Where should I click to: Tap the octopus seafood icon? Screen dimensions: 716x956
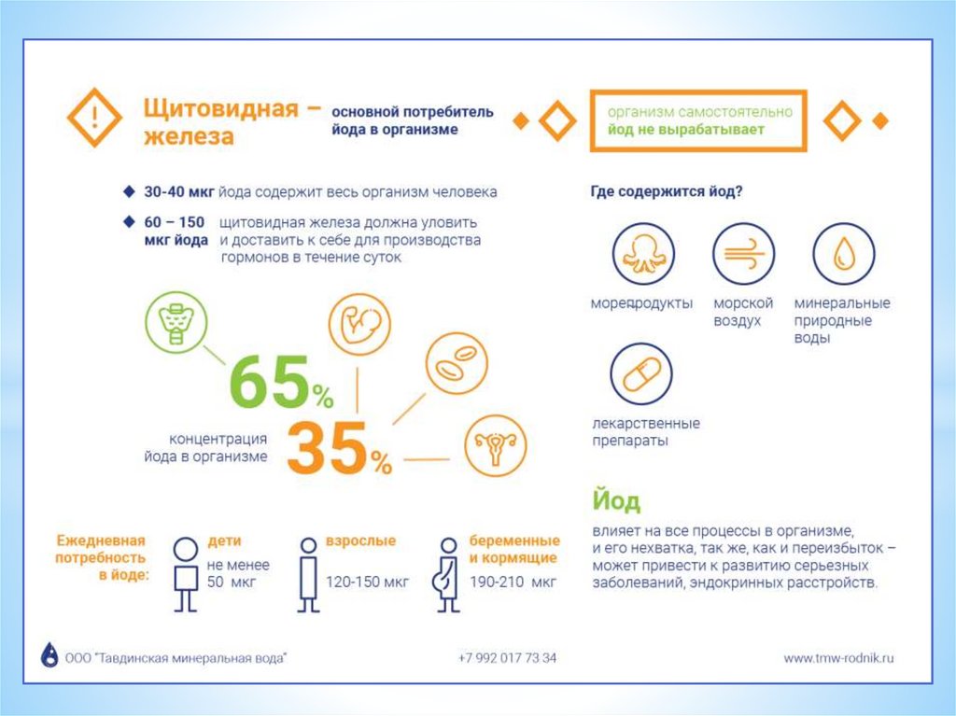click(642, 254)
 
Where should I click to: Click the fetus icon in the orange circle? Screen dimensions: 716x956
click(358, 324)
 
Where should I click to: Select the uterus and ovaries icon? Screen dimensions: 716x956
click(496, 446)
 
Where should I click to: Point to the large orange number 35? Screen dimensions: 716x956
click(327, 450)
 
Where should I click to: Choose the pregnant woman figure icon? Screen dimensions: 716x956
click(447, 573)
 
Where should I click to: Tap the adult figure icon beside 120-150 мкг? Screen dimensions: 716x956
click(307, 573)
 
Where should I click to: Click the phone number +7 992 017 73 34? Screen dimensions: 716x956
click(507, 658)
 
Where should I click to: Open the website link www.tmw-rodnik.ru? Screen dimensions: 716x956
click(838, 658)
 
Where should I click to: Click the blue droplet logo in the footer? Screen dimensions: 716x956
click(49, 655)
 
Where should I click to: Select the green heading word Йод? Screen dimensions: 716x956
click(615, 500)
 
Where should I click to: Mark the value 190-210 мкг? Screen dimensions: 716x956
click(513, 582)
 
